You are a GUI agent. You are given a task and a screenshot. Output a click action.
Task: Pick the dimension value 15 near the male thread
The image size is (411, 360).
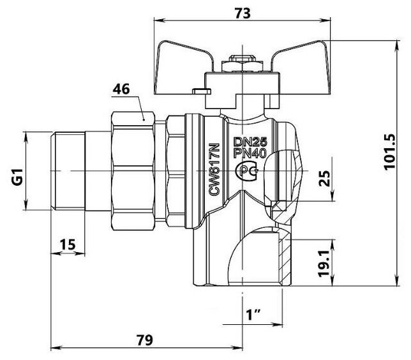click(68, 243)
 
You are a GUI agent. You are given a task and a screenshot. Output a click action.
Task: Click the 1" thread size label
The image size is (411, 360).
click(254, 313)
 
